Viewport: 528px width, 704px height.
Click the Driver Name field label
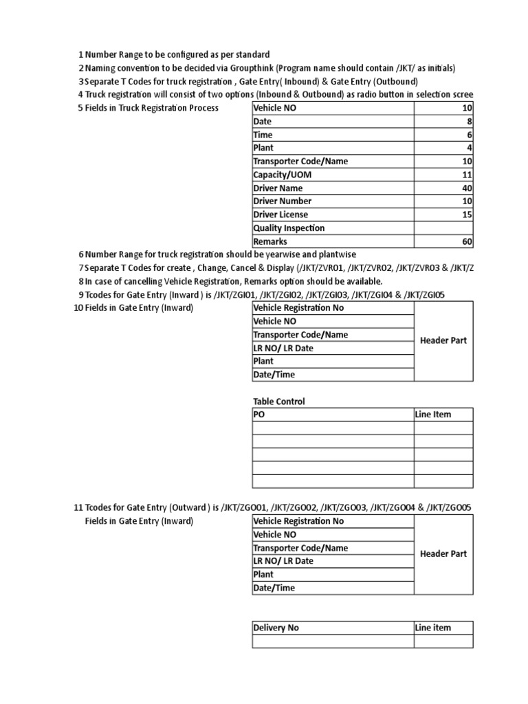tap(278, 188)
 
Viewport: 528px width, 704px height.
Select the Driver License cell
tap(280, 215)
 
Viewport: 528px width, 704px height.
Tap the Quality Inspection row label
tap(289, 228)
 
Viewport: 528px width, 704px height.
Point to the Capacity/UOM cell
tap(282, 175)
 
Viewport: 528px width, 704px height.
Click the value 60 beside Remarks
tap(467, 242)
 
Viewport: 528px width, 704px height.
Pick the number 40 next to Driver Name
tap(467, 188)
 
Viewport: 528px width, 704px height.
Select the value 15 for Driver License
tap(467, 215)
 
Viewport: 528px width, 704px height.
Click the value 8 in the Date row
tap(470, 121)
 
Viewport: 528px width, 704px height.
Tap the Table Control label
tap(279, 401)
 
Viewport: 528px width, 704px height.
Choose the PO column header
tap(259, 415)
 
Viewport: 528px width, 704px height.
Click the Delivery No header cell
tap(276, 628)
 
